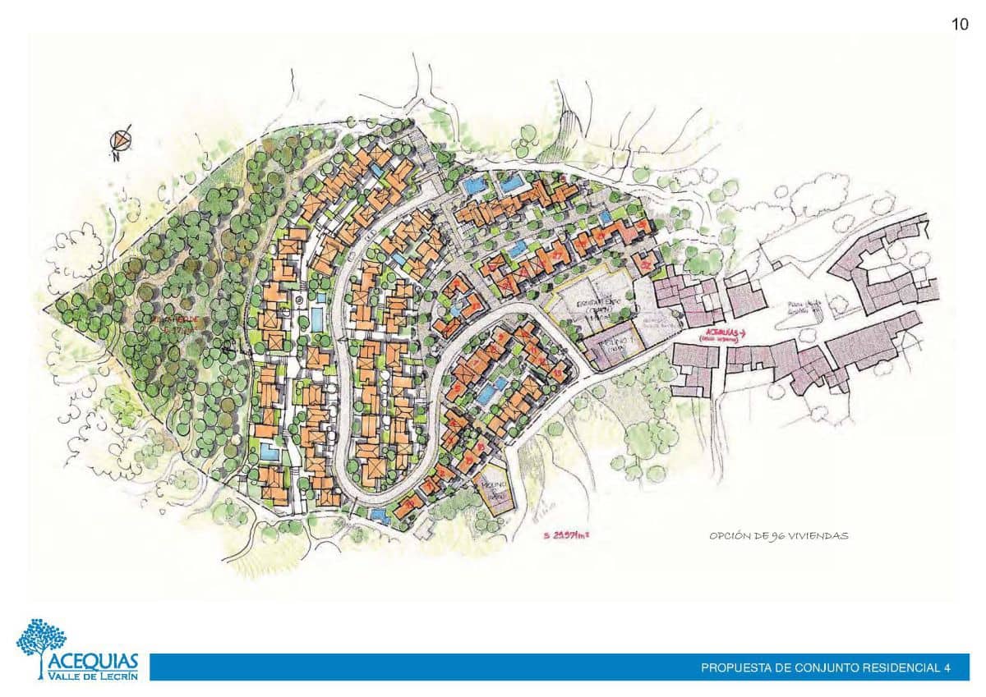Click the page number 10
960,25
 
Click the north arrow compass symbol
122,140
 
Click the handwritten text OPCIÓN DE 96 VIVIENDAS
778,536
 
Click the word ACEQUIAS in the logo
92,662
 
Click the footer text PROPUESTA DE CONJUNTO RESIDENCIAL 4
825,668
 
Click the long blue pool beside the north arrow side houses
316,319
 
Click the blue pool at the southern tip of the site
379,515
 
